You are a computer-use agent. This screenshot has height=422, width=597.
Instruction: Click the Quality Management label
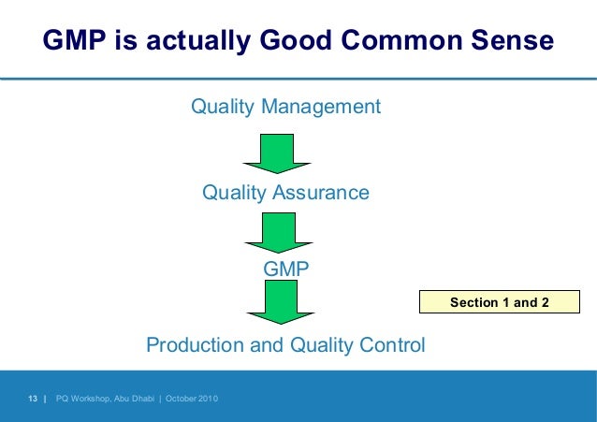click(x=285, y=107)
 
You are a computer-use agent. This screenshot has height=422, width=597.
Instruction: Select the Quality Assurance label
click(x=285, y=193)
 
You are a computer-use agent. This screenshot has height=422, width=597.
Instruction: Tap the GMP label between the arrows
click(x=285, y=269)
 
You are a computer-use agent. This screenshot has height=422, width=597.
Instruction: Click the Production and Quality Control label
click(x=285, y=345)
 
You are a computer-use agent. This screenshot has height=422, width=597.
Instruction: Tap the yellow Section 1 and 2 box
click(x=499, y=302)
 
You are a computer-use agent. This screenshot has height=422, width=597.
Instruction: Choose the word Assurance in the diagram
click(x=325, y=193)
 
